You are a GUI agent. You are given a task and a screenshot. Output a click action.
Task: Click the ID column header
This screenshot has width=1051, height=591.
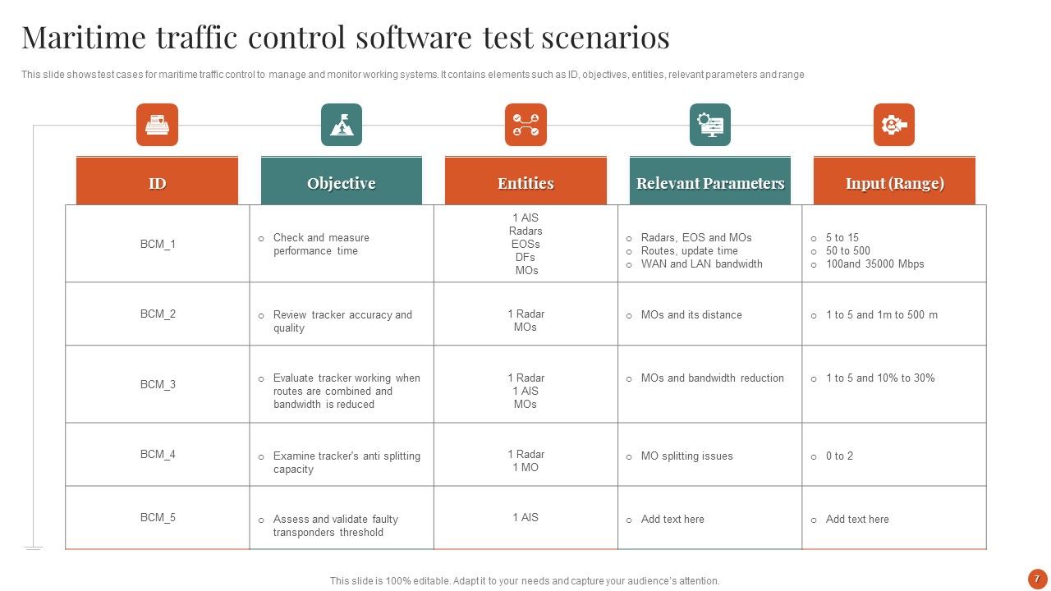tap(157, 183)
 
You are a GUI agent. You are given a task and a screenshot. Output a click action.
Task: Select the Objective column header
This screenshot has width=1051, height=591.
tap(341, 183)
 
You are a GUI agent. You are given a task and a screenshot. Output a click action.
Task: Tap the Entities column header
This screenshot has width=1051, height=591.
tap(525, 183)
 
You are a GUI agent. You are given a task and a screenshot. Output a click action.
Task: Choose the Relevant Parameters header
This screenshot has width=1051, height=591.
tap(710, 183)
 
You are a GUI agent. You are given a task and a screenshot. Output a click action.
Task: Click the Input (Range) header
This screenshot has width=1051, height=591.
tap(894, 183)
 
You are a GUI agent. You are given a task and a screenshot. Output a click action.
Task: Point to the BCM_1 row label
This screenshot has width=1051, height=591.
tap(158, 244)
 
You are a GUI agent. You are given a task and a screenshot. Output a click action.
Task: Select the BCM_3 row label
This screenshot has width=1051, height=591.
tap(158, 384)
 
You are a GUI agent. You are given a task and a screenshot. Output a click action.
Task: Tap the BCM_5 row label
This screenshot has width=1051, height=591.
tap(158, 517)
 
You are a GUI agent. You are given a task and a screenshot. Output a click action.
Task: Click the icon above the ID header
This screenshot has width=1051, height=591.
tap(157, 125)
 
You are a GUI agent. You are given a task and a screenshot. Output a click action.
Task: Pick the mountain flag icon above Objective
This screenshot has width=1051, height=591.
tap(342, 125)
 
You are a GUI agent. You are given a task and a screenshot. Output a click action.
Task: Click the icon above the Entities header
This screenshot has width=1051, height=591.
tap(525, 125)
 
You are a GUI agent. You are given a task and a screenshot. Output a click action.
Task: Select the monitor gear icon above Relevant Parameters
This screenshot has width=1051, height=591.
tap(710, 125)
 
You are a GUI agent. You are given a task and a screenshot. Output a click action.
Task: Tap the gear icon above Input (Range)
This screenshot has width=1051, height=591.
tap(894, 125)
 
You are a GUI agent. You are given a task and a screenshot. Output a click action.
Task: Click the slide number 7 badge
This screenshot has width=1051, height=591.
tap(1037, 578)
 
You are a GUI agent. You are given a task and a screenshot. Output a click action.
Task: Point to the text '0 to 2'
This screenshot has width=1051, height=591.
tap(839, 456)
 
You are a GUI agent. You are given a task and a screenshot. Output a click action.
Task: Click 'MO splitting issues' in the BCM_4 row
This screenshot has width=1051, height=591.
tap(686, 456)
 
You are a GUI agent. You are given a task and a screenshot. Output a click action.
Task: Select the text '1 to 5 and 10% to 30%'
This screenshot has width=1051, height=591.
tap(880, 378)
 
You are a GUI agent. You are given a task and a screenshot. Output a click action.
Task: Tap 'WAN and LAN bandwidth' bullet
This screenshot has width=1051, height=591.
tap(701, 263)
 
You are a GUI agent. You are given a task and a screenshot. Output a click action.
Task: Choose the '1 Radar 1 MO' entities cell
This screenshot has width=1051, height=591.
tap(525, 460)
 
